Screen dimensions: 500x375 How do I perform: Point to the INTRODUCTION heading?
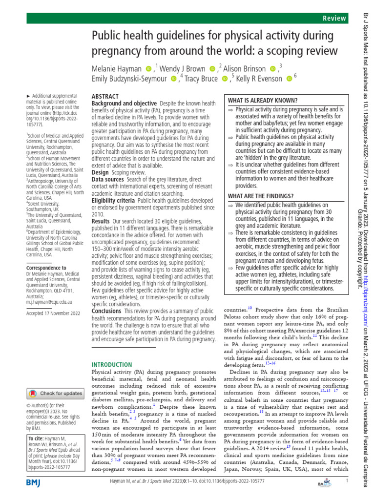pos(112,364)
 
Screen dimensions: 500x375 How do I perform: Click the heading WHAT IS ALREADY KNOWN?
pos(263,100)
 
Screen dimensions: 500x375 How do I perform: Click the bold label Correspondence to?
pos(47,268)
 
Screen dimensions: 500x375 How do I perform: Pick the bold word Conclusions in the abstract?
pos(106,311)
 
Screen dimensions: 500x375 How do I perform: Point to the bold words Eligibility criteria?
pos(114,200)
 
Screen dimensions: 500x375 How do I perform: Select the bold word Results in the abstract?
pos(101,221)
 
